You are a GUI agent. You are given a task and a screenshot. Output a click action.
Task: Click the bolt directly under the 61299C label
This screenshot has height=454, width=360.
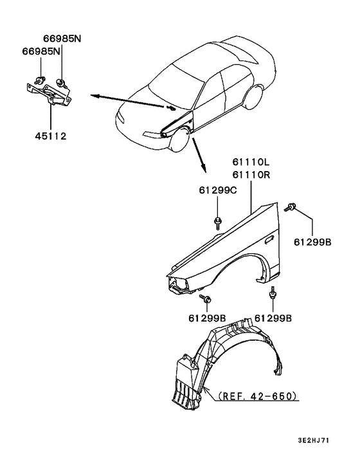tap(217, 222)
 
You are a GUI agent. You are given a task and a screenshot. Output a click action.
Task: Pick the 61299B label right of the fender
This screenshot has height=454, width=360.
tap(312, 242)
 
